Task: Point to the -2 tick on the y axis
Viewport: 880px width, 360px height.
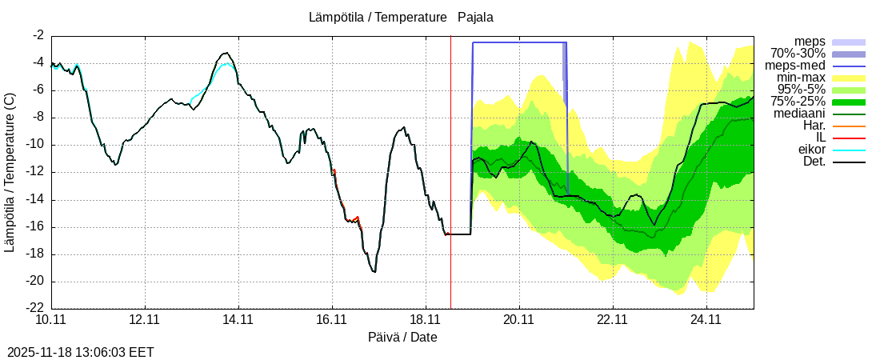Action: tap(38, 36)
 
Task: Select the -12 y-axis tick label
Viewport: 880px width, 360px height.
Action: tap(35, 172)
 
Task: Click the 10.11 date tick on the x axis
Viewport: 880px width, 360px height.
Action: tap(51, 319)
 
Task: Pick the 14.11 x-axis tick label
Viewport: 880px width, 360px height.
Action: tap(238, 319)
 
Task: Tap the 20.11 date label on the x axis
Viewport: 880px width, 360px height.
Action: tap(519, 319)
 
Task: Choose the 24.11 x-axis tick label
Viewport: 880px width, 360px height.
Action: tap(706, 319)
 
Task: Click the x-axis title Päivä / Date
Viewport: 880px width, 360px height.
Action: tap(402, 337)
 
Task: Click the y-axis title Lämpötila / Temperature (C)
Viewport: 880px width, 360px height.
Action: tap(10, 172)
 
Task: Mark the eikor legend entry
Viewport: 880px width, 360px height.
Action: tap(812, 150)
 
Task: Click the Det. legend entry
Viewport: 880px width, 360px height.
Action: tap(814, 162)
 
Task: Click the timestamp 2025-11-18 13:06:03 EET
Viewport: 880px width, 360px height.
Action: tap(81, 352)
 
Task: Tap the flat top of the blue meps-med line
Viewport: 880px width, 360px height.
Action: tap(520, 42)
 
